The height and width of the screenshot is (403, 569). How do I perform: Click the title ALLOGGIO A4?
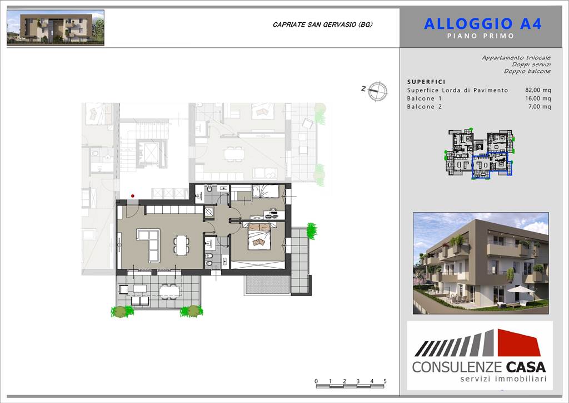pyautogui.click(x=482, y=24)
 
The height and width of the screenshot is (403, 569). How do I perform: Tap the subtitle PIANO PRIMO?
pyautogui.click(x=481, y=36)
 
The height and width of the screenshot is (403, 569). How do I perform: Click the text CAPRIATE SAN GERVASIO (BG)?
pyautogui.click(x=323, y=24)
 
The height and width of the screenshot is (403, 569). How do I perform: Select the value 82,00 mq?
pyautogui.click(x=538, y=90)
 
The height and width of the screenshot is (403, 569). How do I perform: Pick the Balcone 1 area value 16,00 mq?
pyautogui.click(x=538, y=99)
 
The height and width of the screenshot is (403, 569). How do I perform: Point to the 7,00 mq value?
pyautogui.click(x=540, y=106)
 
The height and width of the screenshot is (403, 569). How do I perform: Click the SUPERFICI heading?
pyautogui.click(x=426, y=82)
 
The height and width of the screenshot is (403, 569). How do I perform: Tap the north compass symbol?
pyautogui.click(x=377, y=91)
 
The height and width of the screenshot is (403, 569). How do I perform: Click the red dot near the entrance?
pyautogui.click(x=132, y=196)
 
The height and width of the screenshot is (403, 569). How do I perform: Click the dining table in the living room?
pyautogui.click(x=181, y=245)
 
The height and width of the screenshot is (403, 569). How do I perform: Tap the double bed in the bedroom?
pyautogui.click(x=259, y=236)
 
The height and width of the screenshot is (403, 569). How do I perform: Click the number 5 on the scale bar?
pyautogui.click(x=385, y=381)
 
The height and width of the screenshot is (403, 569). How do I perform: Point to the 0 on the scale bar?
pyautogui.click(x=316, y=381)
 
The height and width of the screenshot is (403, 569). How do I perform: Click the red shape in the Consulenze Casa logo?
pyautogui.click(x=519, y=343)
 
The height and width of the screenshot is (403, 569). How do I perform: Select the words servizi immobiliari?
pyautogui.click(x=503, y=379)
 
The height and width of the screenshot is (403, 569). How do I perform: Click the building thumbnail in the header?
pyautogui.click(x=56, y=28)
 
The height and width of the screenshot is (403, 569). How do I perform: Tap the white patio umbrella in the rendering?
pyautogui.click(x=520, y=289)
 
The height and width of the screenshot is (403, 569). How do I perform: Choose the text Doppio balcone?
pyautogui.click(x=527, y=71)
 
